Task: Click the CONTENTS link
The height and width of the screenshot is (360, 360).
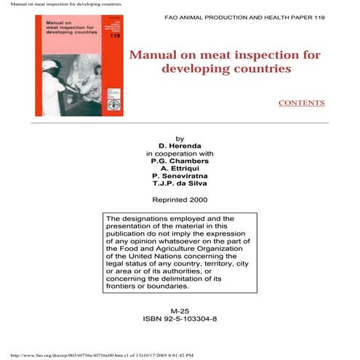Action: click(301, 103)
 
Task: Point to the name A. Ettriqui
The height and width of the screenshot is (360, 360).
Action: click(180, 168)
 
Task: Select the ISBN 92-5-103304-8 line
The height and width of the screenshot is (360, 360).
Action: click(180, 319)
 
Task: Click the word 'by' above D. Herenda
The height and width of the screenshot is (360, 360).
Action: click(180, 138)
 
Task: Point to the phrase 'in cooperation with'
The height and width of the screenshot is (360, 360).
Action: click(180, 153)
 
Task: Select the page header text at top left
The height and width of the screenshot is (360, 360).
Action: click(61, 4)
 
